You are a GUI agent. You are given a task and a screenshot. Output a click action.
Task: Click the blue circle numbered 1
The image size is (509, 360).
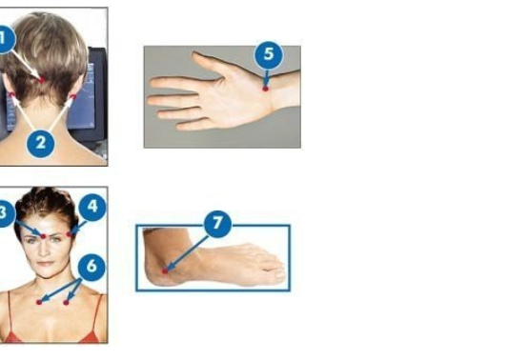[3, 39]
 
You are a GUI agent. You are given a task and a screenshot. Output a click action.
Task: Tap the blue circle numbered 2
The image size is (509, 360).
[41, 144]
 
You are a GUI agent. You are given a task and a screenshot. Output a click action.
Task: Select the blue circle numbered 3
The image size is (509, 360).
[4, 213]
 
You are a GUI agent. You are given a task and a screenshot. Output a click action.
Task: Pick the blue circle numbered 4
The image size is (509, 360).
[92, 207]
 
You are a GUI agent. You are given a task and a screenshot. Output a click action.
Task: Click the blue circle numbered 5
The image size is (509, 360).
[269, 55]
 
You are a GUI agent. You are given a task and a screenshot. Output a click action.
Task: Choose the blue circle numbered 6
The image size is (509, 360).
[92, 267]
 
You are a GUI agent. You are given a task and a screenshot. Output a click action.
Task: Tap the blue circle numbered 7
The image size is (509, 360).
[218, 224]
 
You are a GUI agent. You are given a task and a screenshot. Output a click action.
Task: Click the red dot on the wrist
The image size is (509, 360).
[266, 89]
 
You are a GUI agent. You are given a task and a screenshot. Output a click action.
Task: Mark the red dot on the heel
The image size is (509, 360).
[165, 271]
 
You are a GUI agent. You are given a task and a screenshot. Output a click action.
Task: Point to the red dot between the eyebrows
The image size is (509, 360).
[43, 236]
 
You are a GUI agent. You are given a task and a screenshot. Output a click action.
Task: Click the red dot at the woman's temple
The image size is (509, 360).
[70, 234]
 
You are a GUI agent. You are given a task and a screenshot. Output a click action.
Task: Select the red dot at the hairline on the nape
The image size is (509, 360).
[42, 80]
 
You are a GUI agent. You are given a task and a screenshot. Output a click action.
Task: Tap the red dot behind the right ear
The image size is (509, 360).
[73, 96]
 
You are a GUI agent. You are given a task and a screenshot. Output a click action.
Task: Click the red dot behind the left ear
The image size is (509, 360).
[12, 94]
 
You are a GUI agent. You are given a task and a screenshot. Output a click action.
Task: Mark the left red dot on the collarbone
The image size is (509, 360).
[39, 302]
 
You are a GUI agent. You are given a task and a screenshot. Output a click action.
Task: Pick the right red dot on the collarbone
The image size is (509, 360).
[66, 303]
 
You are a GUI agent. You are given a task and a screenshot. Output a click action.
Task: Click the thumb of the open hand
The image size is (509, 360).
[208, 64]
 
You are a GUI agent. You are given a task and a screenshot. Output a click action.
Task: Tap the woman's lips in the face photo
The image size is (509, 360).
[46, 263]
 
